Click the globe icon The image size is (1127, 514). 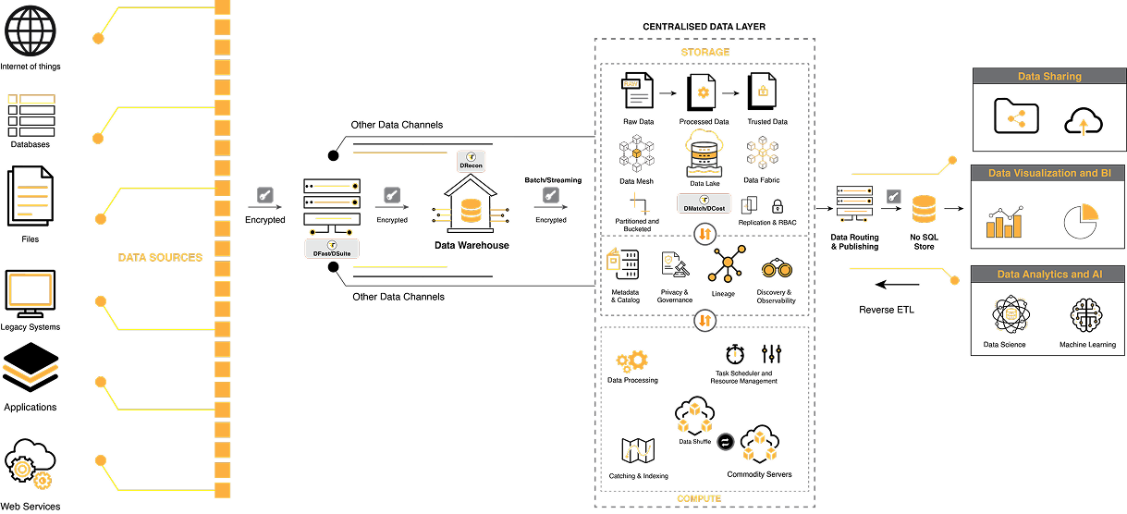click(x=31, y=30)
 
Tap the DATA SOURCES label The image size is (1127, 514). click(x=160, y=257)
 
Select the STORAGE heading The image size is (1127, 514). click(x=704, y=52)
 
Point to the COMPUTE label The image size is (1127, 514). click(x=699, y=499)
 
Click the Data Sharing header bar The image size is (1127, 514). click(x=1048, y=77)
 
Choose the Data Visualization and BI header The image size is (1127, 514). click(x=1048, y=173)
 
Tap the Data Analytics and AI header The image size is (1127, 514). click(x=1048, y=275)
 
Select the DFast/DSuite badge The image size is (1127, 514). click(x=332, y=248)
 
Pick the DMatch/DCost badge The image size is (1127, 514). click(x=704, y=203)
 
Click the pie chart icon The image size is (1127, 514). click(x=1080, y=221)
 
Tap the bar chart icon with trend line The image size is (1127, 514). click(x=1004, y=222)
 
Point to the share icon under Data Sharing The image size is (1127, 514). click(x=1016, y=118)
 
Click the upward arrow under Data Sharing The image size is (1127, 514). click(x=1083, y=127)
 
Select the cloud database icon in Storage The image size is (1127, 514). click(x=704, y=152)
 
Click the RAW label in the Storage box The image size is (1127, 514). click(x=631, y=84)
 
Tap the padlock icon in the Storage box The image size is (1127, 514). click(x=763, y=91)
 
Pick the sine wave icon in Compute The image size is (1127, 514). click(x=638, y=451)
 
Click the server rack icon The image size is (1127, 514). click(x=854, y=203)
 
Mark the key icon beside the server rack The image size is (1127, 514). click(x=894, y=196)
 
